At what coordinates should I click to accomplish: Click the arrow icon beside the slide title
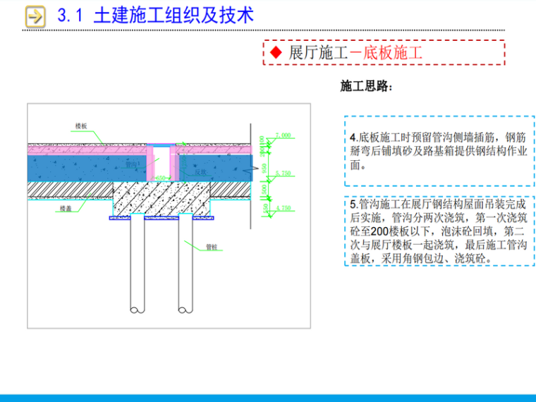coord(34,16)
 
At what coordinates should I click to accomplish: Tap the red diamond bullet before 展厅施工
coord(276,53)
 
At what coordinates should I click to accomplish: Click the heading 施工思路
coord(364,87)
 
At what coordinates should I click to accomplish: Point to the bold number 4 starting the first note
coord(353,138)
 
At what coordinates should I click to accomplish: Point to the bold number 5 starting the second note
coord(353,205)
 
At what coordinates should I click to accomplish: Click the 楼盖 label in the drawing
coord(66,209)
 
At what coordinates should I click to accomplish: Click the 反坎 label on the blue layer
coord(200,171)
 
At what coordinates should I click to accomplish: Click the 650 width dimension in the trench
coord(162,178)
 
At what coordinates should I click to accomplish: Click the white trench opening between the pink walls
coord(162,162)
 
